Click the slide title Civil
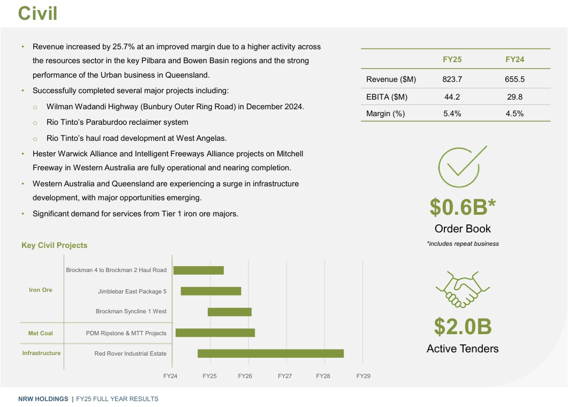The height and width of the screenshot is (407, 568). pyautogui.click(x=37, y=13)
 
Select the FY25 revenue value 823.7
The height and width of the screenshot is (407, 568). pyautogui.click(x=452, y=79)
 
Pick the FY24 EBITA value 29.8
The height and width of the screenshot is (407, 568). pyautogui.click(x=514, y=96)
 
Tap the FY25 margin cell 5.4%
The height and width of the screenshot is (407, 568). pyautogui.click(x=452, y=114)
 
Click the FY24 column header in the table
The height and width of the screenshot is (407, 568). pyautogui.click(x=514, y=59)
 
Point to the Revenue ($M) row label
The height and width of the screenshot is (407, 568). pyautogui.click(x=391, y=79)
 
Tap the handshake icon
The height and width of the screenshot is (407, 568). pyautogui.click(x=463, y=289)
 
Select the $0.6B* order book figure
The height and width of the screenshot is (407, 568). pyautogui.click(x=463, y=206)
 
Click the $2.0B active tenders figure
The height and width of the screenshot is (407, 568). pyautogui.click(x=463, y=326)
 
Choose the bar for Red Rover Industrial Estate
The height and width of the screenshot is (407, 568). pyautogui.click(x=270, y=353)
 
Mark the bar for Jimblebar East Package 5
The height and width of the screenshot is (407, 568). pyautogui.click(x=211, y=291)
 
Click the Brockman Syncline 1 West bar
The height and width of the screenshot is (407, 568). pyautogui.click(x=230, y=312)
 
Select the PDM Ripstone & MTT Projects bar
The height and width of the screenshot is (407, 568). pyautogui.click(x=215, y=333)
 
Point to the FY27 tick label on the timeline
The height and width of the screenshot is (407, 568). pyautogui.click(x=285, y=376)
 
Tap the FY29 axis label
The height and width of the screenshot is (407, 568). pyautogui.click(x=363, y=376)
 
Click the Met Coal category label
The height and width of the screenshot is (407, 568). pyautogui.click(x=41, y=333)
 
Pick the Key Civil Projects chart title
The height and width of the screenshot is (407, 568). pyautogui.click(x=54, y=245)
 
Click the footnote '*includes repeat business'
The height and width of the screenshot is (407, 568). pyautogui.click(x=463, y=244)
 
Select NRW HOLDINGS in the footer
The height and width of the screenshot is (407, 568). pyautogui.click(x=43, y=399)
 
